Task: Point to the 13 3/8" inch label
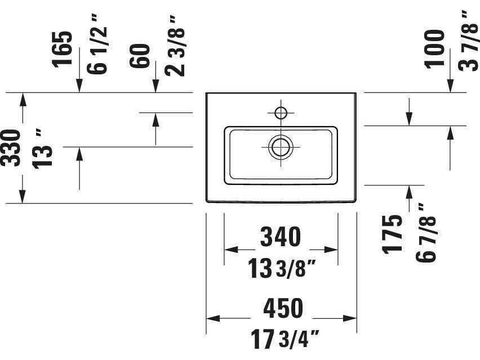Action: pyautogui.click(x=281, y=268)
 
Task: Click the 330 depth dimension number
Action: pyautogui.click(x=11, y=148)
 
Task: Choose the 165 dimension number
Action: pyautogui.click(x=63, y=49)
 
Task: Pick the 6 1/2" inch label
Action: pyautogui.click(x=97, y=46)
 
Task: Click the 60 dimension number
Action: pyautogui.click(x=140, y=56)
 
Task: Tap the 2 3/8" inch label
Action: pyautogui.click(x=175, y=46)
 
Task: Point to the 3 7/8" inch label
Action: pyautogui.click(x=468, y=41)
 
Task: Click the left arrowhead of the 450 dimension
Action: pyautogui.click(x=213, y=318)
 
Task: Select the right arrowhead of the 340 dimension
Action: pyautogui.click(x=331, y=250)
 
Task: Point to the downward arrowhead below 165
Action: pyautogui.click(x=79, y=86)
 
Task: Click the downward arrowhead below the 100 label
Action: pyautogui.click(x=450, y=86)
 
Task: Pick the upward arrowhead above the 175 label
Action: pyautogui.click(x=409, y=192)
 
